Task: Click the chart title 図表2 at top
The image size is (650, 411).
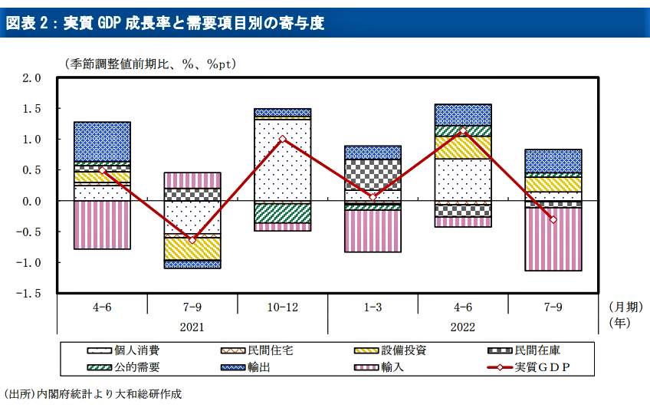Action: click(x=166, y=24)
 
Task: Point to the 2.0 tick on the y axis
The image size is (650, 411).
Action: click(x=31, y=78)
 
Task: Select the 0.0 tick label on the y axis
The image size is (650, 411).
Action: click(x=31, y=202)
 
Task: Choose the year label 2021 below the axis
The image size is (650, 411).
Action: click(x=192, y=327)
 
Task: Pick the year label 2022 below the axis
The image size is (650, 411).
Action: click(x=462, y=327)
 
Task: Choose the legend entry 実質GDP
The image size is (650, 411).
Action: click(x=542, y=367)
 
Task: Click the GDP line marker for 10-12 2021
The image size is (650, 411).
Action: click(x=283, y=139)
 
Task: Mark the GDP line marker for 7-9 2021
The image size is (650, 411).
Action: click(x=192, y=240)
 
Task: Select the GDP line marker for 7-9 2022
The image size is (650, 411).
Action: click(x=553, y=220)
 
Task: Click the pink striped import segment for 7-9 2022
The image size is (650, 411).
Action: click(x=553, y=239)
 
